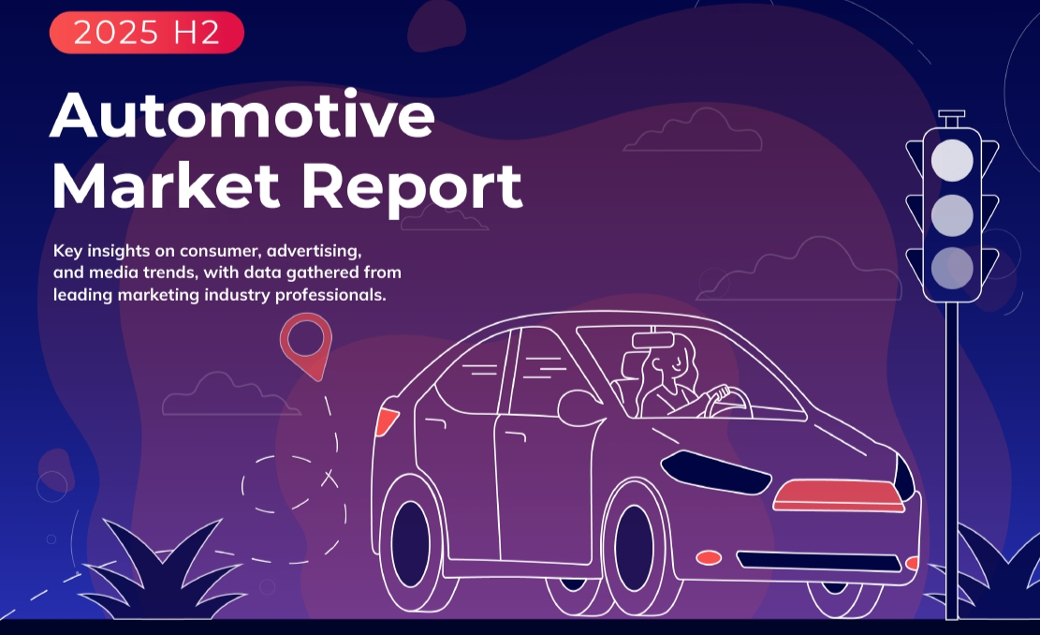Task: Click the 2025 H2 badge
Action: (x=147, y=32)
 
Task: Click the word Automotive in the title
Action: (x=242, y=114)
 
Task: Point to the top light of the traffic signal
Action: (x=952, y=160)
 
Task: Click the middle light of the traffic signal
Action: (x=952, y=215)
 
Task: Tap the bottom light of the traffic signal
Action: (x=952, y=268)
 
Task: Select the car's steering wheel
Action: (x=728, y=402)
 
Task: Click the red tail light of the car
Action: (x=387, y=421)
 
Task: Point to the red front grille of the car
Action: (x=840, y=495)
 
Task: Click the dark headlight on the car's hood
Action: (x=715, y=471)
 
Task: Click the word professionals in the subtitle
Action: (x=330, y=295)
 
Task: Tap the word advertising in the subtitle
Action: (x=314, y=251)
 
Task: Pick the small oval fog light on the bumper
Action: (x=709, y=557)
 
